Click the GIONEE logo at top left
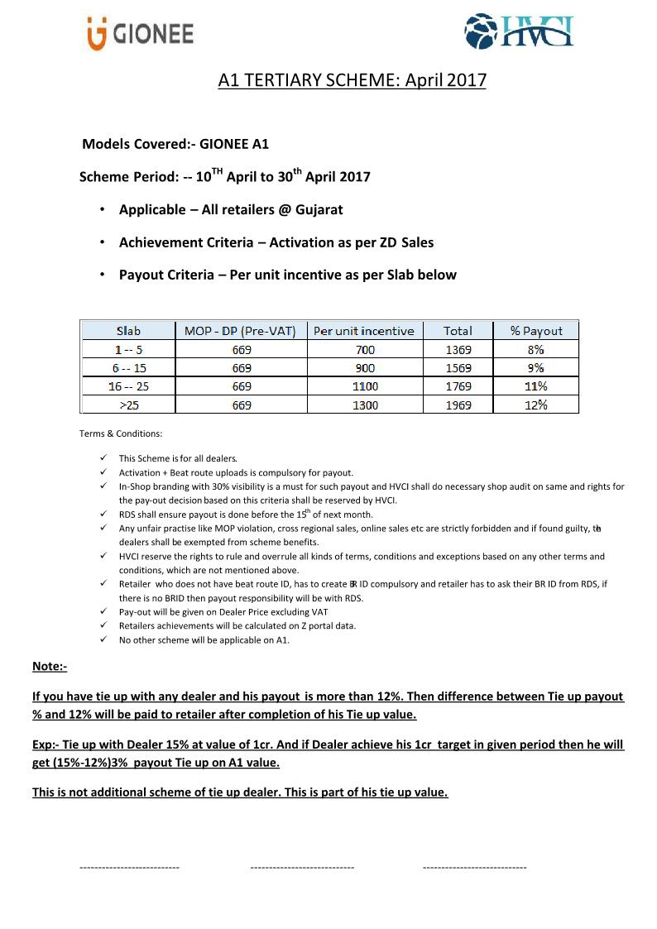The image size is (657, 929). pyautogui.click(x=140, y=34)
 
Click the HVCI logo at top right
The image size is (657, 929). pyautogui.click(x=518, y=33)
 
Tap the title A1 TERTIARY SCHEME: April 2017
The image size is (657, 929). pyautogui.click(x=352, y=80)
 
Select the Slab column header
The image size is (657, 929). pyautogui.click(x=128, y=331)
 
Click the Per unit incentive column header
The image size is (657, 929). pyautogui.click(x=364, y=331)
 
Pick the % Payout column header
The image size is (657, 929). pyautogui.click(x=535, y=331)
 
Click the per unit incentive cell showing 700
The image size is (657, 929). pyautogui.click(x=365, y=350)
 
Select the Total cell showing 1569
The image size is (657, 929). pyautogui.click(x=458, y=368)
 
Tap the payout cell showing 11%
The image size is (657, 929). pyautogui.click(x=535, y=386)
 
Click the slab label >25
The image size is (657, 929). pyautogui.click(x=128, y=405)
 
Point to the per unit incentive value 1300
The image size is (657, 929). pyautogui.click(x=365, y=405)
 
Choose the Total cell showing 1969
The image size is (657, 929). pyautogui.click(x=458, y=405)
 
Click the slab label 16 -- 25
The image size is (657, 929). pyautogui.click(x=128, y=386)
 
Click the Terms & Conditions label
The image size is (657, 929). pyautogui.click(x=121, y=433)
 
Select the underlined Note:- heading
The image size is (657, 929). pyautogui.click(x=50, y=667)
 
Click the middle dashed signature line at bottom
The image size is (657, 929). pyautogui.click(x=302, y=867)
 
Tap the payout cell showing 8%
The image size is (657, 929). pyautogui.click(x=535, y=350)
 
